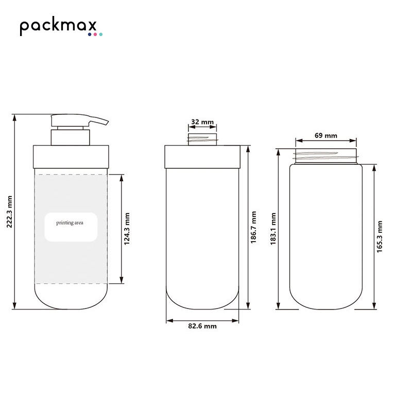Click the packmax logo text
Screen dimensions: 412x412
tap(58, 26)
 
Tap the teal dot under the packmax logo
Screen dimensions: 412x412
tap(101, 35)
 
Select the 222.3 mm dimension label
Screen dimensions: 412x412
tap(9, 212)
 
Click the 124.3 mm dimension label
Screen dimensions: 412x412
tap(127, 229)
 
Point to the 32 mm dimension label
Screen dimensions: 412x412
tap(202, 122)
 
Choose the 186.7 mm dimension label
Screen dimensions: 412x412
tap(253, 227)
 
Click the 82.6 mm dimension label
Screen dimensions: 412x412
tap(202, 326)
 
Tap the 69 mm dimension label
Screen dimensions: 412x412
tap(326, 135)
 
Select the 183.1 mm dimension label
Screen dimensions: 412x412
tap(273, 229)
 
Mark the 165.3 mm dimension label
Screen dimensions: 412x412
tap(380, 237)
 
